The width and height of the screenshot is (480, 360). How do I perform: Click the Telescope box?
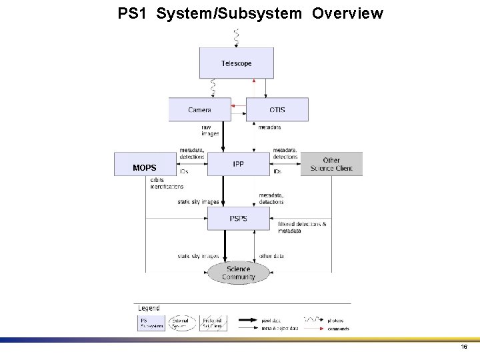(236, 63)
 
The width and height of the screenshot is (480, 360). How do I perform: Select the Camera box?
(199, 109)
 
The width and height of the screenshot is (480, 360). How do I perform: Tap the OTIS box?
(277, 109)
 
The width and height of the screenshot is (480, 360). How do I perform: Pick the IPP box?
(238, 164)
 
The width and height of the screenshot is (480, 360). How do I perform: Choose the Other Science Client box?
(331, 164)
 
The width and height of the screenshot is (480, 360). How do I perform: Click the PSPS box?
(238, 219)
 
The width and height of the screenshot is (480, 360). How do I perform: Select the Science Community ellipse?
(238, 273)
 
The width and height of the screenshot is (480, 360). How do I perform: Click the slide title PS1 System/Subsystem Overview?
(250, 13)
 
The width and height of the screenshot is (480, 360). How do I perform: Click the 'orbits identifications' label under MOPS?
(166, 183)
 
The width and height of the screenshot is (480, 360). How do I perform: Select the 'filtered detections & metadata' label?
(302, 227)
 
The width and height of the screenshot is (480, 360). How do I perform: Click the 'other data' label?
(271, 256)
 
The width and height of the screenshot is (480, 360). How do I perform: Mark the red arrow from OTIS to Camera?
(238, 105)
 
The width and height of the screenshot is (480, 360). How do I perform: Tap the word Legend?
(149, 308)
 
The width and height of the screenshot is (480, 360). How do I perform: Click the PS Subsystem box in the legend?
(150, 323)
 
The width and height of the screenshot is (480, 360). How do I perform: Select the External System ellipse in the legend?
(182, 323)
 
